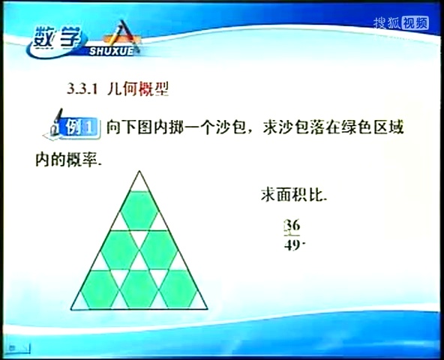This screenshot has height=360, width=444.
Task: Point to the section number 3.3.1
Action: point(83,89)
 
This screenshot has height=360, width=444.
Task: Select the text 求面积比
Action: point(293,196)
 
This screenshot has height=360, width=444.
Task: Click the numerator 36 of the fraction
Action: point(292,226)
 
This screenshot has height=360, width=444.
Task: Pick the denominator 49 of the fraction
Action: point(292,244)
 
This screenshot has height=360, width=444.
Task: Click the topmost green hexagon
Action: point(139,210)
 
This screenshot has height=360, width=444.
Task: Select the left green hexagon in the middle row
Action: point(119,250)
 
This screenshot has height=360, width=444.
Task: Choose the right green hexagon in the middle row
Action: point(158,250)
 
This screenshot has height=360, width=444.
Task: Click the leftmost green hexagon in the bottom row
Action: point(100,289)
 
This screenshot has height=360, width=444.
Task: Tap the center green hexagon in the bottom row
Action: point(139,289)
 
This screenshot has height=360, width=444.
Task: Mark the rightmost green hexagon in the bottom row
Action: point(178,289)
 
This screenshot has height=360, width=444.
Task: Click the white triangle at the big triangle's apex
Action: point(139,183)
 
